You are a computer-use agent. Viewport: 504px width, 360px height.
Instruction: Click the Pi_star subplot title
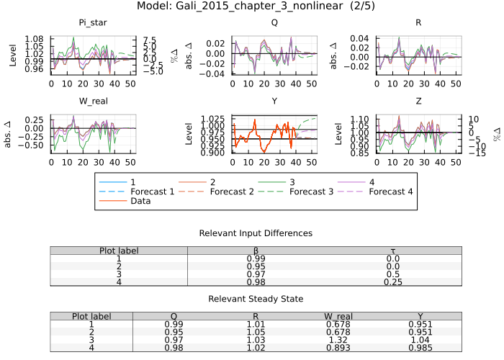tap(93, 22)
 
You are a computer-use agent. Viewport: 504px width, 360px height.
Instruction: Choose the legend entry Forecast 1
tap(153, 192)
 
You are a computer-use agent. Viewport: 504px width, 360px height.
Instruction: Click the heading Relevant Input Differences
tap(256, 233)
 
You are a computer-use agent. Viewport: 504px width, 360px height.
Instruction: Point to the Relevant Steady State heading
tap(256, 299)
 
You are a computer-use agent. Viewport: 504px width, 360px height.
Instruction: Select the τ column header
tap(392, 251)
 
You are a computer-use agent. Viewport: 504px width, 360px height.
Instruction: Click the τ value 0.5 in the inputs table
tap(392, 274)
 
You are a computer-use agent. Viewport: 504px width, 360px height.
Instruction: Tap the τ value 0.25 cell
tap(392, 282)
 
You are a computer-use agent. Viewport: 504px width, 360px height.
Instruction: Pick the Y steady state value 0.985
tap(420, 348)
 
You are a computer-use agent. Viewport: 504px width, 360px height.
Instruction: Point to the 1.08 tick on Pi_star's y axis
tap(34, 37)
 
